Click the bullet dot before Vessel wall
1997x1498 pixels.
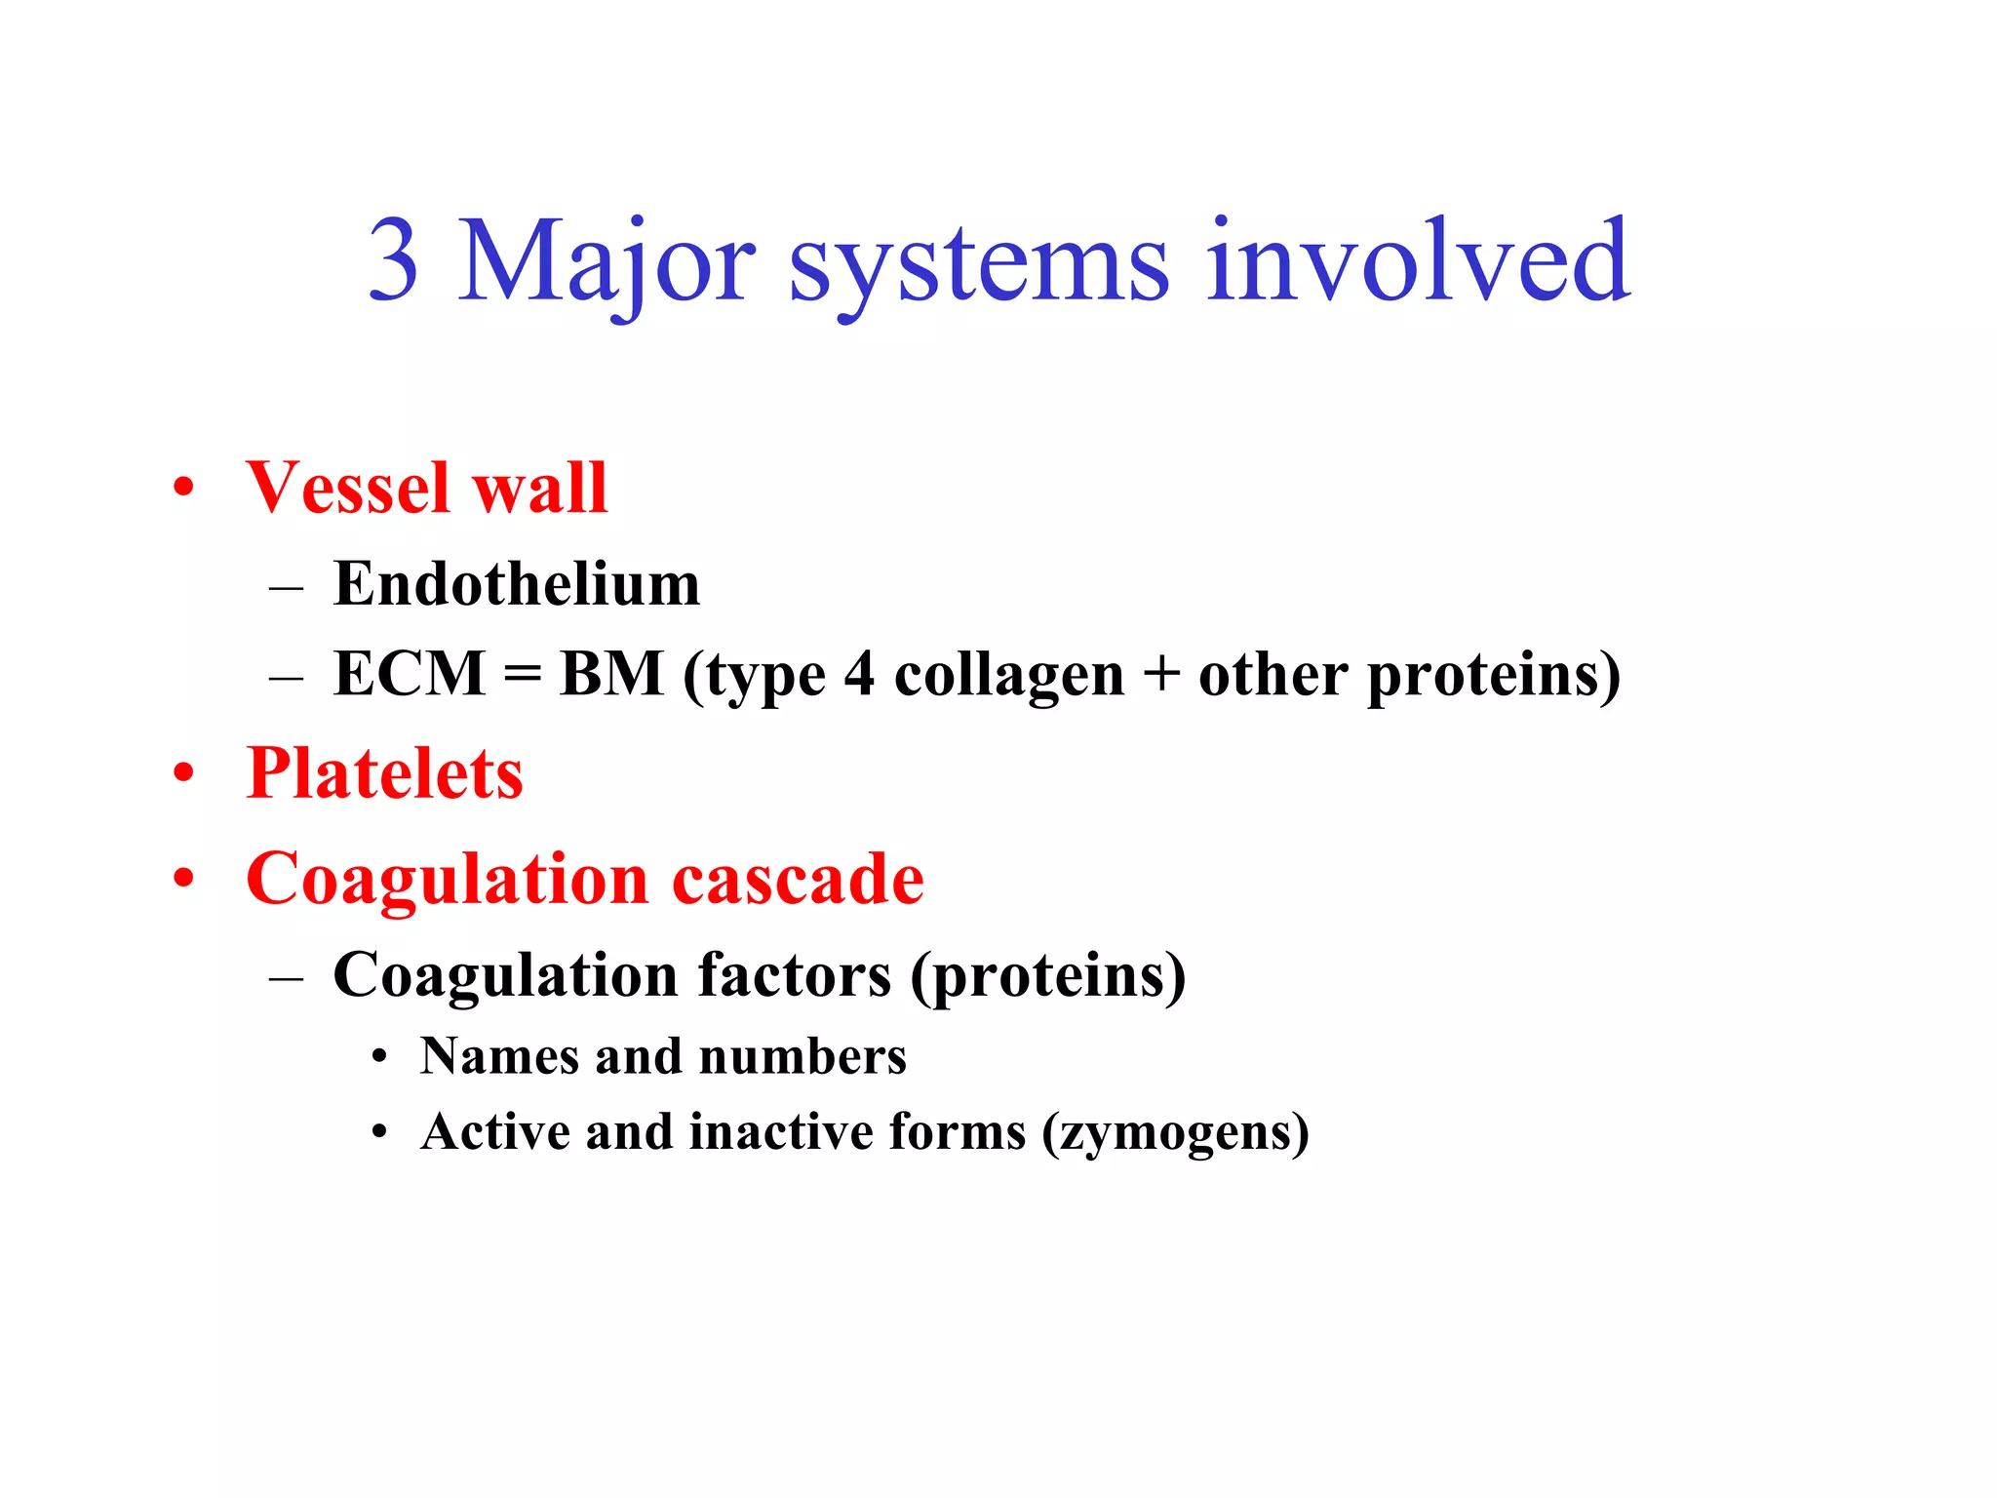184,488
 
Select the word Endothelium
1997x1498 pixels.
517,584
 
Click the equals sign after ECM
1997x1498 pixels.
523,675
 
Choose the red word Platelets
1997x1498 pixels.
384,773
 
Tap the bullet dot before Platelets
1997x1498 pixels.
184,773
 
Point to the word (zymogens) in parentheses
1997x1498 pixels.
1175,1133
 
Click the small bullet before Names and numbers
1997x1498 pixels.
380,1057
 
